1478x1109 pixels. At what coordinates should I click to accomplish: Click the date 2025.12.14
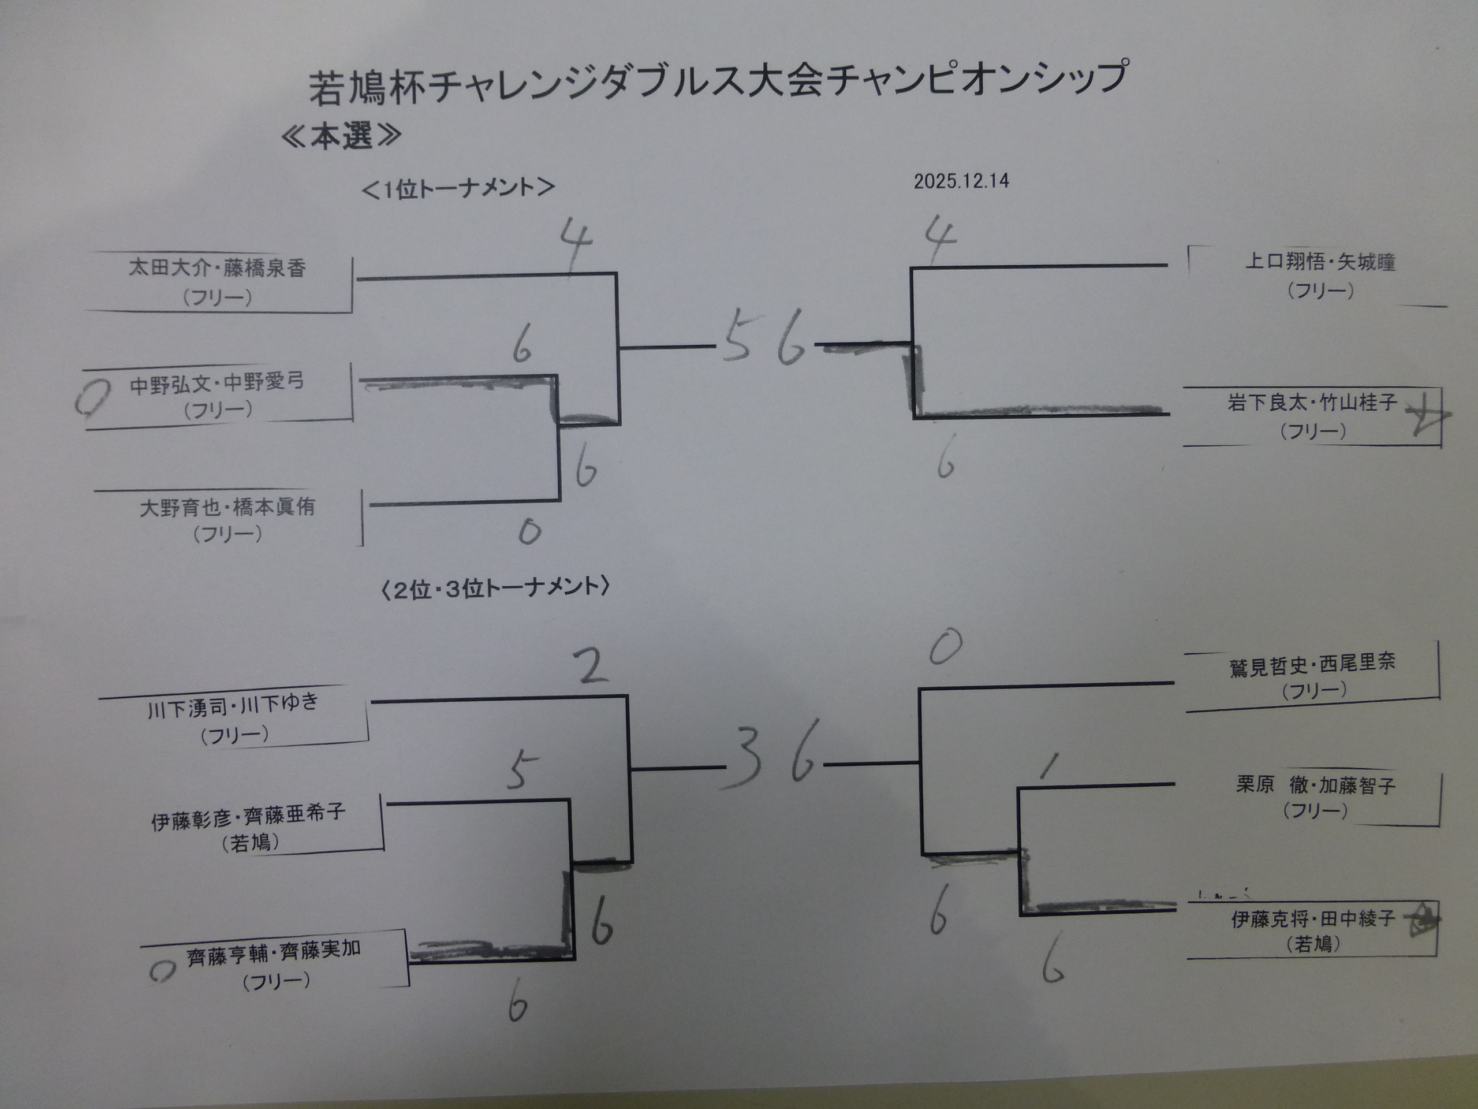coord(961,181)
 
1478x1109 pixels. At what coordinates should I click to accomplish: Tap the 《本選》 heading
coord(341,136)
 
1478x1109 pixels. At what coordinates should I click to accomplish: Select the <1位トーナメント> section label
coord(458,188)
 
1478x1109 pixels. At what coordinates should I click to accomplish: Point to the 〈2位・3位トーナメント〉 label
coord(495,587)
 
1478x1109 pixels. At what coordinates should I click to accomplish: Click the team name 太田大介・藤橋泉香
coord(217,268)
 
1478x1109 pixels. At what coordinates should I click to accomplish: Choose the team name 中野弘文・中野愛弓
coord(217,383)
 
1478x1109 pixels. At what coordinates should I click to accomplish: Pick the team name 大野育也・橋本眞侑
coord(227,507)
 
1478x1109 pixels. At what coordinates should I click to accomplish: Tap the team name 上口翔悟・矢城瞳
coord(1320,262)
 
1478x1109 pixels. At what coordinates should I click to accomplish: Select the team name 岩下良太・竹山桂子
coord(1312,403)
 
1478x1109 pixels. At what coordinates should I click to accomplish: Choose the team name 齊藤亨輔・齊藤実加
coord(274,952)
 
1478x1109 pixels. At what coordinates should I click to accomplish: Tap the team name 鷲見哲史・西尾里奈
coord(1312,664)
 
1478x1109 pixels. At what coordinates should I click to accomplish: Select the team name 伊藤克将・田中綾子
coord(1313,919)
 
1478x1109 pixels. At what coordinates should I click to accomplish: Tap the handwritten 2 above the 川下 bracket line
coord(591,666)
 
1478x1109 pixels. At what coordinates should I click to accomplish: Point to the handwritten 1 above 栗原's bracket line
coord(1050,766)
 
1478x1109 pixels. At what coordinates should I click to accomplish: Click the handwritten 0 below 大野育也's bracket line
coord(529,532)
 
